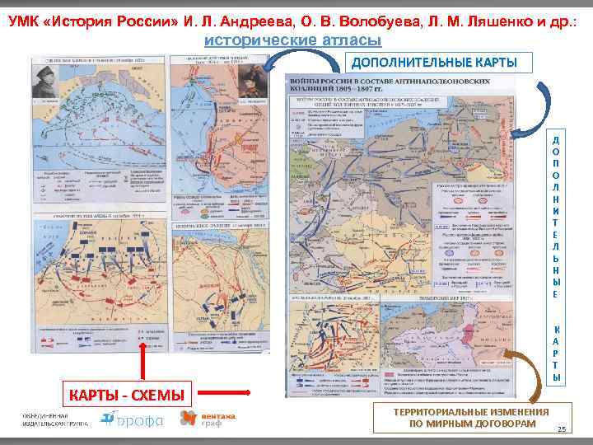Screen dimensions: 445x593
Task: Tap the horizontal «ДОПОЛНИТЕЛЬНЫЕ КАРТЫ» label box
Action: [435, 63]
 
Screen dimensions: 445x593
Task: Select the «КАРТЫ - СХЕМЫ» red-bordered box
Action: [126, 396]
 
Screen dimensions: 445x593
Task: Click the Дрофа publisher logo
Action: [133, 419]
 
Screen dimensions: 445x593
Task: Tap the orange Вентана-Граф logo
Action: [207, 419]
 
